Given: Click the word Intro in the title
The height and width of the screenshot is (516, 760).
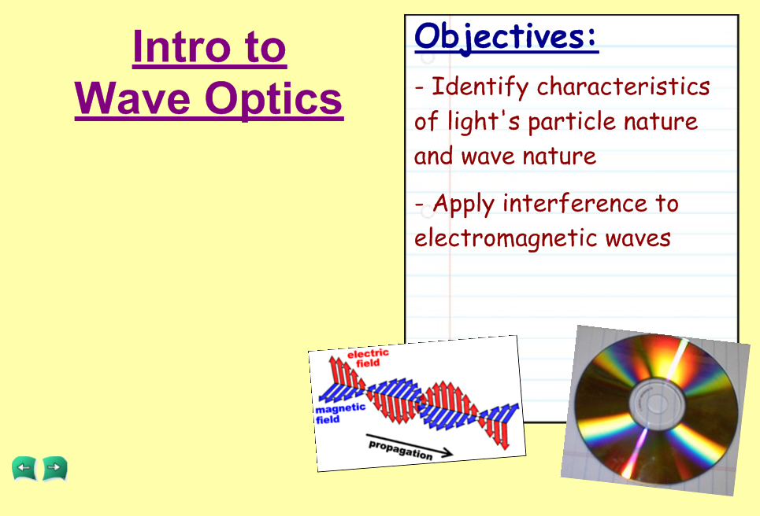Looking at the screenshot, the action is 182,47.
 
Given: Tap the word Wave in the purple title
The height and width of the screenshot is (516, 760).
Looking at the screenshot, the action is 132,98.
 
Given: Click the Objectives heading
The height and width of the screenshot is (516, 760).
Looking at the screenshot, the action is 506,36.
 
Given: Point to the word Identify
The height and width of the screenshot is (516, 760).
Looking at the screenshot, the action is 480,87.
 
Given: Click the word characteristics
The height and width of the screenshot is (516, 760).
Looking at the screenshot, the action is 623,87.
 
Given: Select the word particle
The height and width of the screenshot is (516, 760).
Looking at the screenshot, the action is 572,121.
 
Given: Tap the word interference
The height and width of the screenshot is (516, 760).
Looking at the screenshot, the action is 575,203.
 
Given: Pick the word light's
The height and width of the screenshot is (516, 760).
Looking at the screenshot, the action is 484,121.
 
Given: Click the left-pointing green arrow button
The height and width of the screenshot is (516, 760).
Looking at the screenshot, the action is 24,468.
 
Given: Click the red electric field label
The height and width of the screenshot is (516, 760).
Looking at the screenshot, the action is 369,358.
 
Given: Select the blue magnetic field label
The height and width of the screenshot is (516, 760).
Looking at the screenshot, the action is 339,414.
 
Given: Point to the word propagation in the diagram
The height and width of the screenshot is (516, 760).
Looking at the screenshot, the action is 401,450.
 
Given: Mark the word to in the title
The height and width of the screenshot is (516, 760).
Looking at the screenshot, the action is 265,47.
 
